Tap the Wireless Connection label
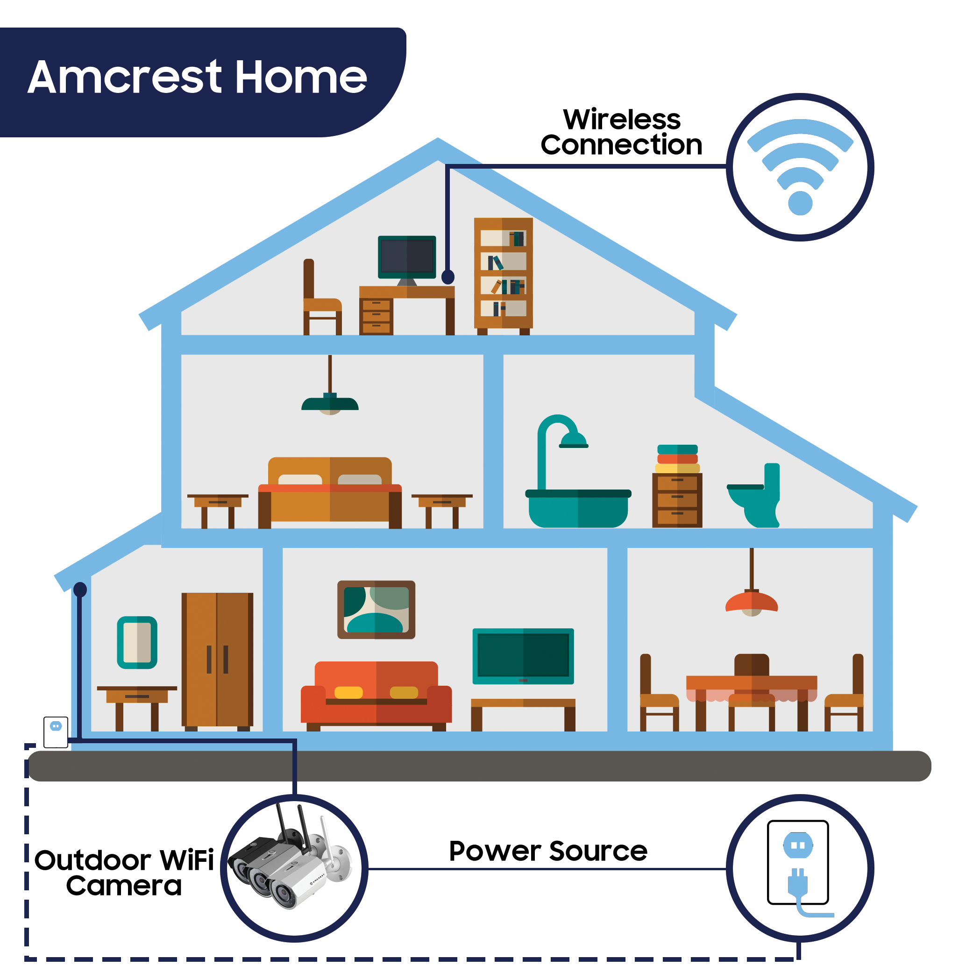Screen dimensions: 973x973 point(621,132)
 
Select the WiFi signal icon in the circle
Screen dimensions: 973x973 point(800,167)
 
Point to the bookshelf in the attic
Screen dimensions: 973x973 point(503,276)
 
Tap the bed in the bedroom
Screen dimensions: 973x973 point(330,492)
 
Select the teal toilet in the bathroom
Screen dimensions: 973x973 point(754,496)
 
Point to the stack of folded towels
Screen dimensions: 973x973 point(677,458)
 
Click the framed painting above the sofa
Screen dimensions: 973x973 point(376,610)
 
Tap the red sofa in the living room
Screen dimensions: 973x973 point(376,696)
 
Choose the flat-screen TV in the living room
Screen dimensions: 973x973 point(523,656)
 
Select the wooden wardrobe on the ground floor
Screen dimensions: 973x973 point(217,661)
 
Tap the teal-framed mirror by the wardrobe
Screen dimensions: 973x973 point(137,642)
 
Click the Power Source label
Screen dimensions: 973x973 point(548,851)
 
